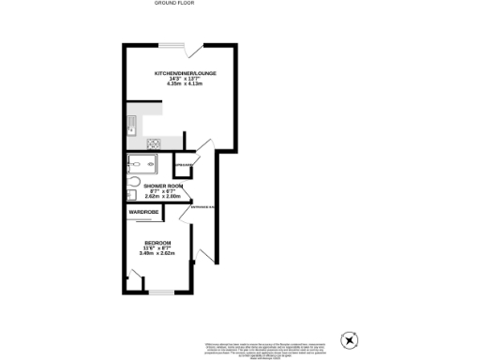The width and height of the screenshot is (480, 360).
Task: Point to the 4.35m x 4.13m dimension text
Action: coord(185,83)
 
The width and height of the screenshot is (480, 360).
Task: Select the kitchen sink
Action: coord(132,123)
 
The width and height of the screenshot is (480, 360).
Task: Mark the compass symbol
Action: coord(352,341)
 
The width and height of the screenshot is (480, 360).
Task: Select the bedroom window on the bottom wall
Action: coord(161,292)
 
